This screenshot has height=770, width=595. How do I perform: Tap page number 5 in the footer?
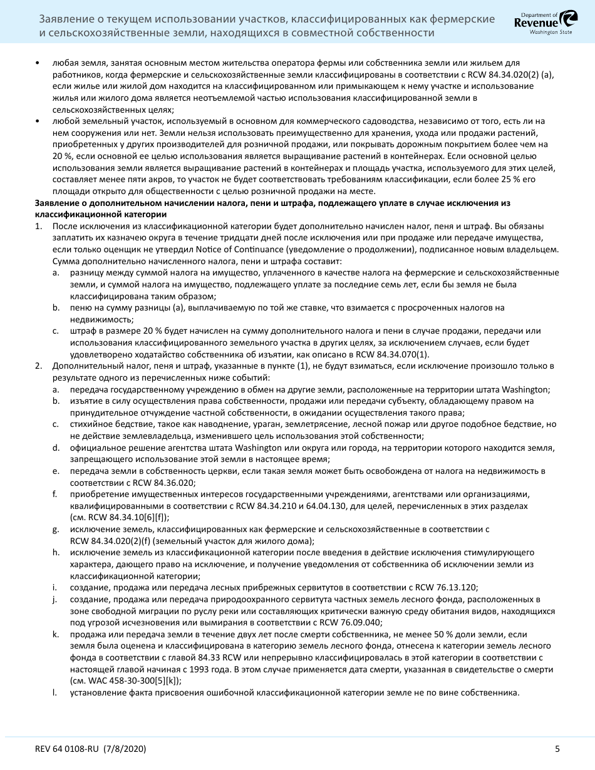(557, 749)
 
